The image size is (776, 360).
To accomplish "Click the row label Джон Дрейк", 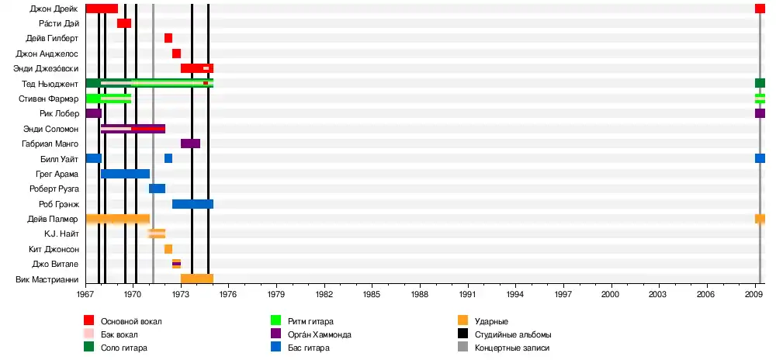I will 54,9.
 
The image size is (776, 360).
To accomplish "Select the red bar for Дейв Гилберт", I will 168,38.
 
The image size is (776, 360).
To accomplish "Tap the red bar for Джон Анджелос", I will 176,54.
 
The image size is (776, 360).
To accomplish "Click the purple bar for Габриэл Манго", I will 190,144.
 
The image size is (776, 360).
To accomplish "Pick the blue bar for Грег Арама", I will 125,174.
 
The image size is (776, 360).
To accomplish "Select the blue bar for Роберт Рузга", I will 157,189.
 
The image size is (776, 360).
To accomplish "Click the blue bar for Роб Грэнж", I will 192,204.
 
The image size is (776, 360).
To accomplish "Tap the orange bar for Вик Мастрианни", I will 196,279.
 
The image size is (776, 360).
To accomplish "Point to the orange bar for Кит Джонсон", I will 168,249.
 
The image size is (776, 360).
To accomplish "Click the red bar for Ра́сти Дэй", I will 124,23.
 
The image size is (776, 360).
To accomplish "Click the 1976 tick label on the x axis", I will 229,295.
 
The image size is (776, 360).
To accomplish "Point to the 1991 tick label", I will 468,295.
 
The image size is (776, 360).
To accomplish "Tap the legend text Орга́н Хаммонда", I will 319,334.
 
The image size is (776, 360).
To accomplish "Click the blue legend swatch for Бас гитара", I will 275,348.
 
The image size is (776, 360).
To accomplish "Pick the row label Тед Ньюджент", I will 52,84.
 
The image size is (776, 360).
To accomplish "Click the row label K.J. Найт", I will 61,234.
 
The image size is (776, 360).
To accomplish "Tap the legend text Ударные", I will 491,321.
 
